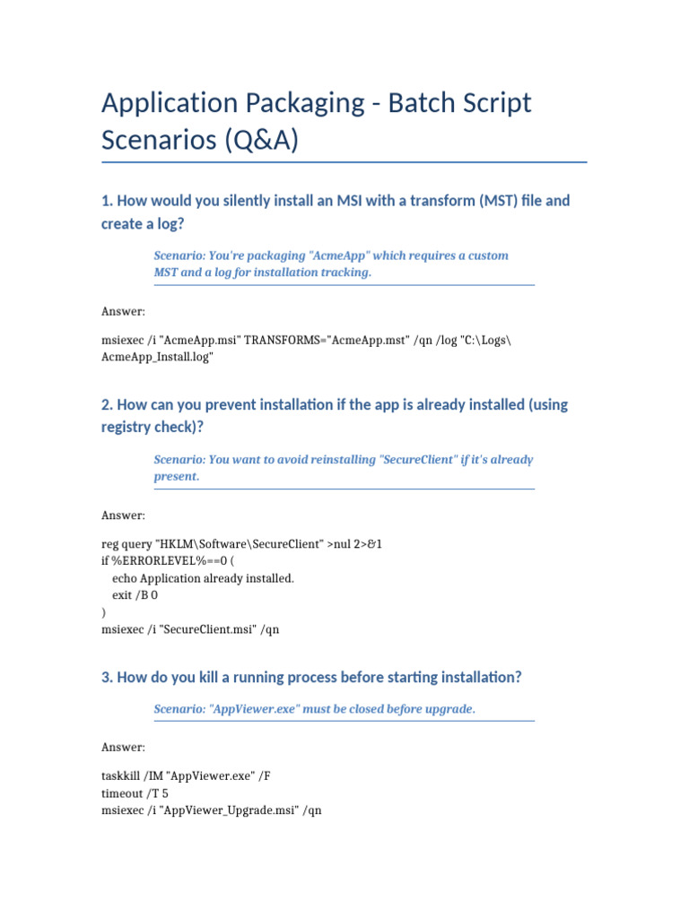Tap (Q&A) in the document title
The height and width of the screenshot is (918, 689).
pyautogui.click(x=253, y=141)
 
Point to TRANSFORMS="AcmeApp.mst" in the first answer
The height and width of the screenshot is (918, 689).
pyautogui.click(x=327, y=340)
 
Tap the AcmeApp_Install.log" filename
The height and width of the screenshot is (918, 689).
pyautogui.click(x=158, y=357)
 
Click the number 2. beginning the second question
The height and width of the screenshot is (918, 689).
pyautogui.click(x=108, y=404)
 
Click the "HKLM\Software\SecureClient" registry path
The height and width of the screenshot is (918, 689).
pyautogui.click(x=240, y=544)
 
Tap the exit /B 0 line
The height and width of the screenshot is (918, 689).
pyautogui.click(x=135, y=595)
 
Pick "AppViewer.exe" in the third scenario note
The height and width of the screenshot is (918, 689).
pyautogui.click(x=254, y=709)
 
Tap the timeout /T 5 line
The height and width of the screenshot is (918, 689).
pyautogui.click(x=135, y=793)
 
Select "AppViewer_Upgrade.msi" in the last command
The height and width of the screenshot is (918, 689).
pyautogui.click(x=229, y=810)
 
